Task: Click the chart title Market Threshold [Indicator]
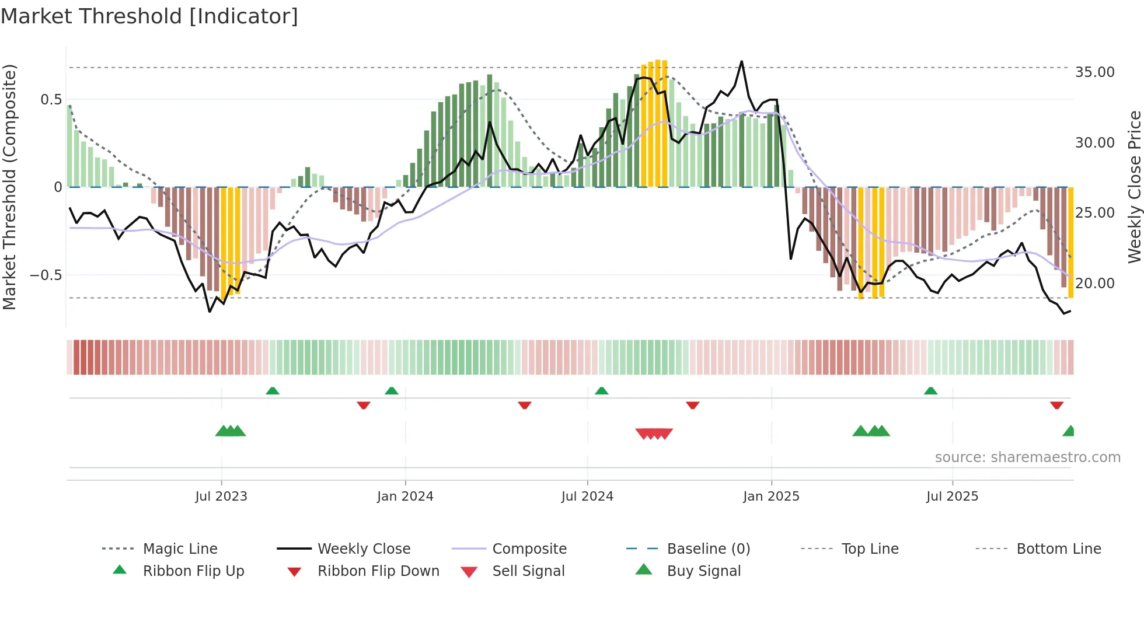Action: pos(149,16)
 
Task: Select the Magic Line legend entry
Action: pos(180,548)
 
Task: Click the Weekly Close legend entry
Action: pos(364,548)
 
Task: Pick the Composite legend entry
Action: pos(529,548)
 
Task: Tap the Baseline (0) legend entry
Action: pos(708,548)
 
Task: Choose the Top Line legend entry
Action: pos(870,548)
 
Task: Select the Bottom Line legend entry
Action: pos(1058,548)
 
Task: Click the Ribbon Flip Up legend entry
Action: pos(193,571)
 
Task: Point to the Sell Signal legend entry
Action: pos(528,571)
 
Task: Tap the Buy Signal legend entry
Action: pos(703,571)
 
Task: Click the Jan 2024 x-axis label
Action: pos(405,496)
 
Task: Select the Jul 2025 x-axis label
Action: pos(952,496)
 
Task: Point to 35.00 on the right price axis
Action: pos(1094,72)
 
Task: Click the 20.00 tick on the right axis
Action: pos(1094,283)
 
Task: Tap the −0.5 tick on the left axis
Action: pos(46,275)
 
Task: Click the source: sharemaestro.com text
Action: pos(1027,457)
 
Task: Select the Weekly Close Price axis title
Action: pos(1133,187)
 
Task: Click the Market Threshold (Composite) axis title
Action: pos(9,187)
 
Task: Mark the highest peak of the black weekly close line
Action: pos(742,61)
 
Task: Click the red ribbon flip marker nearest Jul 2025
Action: pos(1056,405)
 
